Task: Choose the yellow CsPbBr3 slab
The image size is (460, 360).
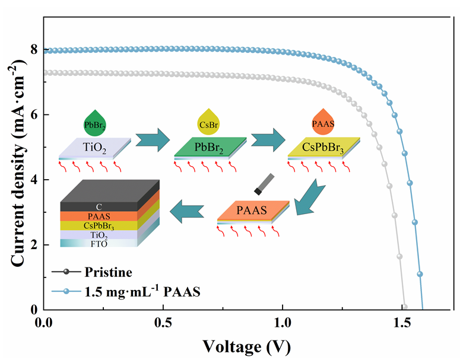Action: click(x=324, y=146)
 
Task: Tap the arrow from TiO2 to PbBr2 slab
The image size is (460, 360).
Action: click(x=151, y=141)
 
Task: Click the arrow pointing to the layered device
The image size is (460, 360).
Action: click(x=186, y=209)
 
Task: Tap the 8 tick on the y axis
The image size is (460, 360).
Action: click(x=34, y=50)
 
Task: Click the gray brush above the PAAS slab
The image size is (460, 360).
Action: click(x=265, y=182)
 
